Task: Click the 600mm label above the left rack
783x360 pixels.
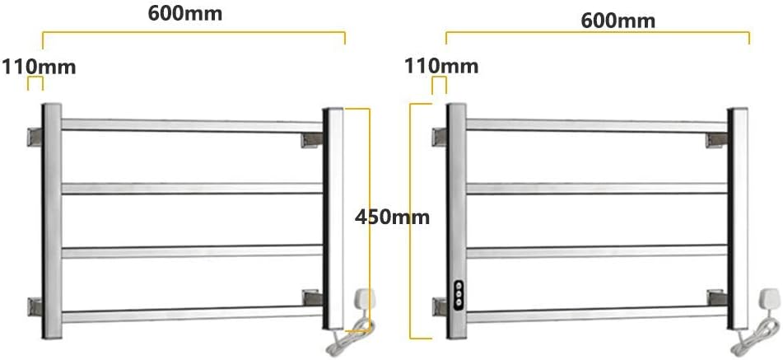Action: (x=184, y=14)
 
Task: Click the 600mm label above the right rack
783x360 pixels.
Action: (x=618, y=20)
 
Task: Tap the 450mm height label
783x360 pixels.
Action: (x=393, y=217)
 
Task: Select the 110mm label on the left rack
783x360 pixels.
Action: (x=39, y=65)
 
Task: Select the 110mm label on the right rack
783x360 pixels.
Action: (x=439, y=64)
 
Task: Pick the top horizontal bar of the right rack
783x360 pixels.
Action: (x=596, y=125)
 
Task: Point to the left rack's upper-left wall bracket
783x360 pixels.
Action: (x=35, y=137)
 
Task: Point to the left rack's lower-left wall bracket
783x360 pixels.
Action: (x=35, y=306)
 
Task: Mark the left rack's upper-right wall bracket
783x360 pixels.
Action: (x=313, y=139)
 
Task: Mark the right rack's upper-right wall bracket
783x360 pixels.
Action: (x=716, y=139)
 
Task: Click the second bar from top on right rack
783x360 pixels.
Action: (x=596, y=189)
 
